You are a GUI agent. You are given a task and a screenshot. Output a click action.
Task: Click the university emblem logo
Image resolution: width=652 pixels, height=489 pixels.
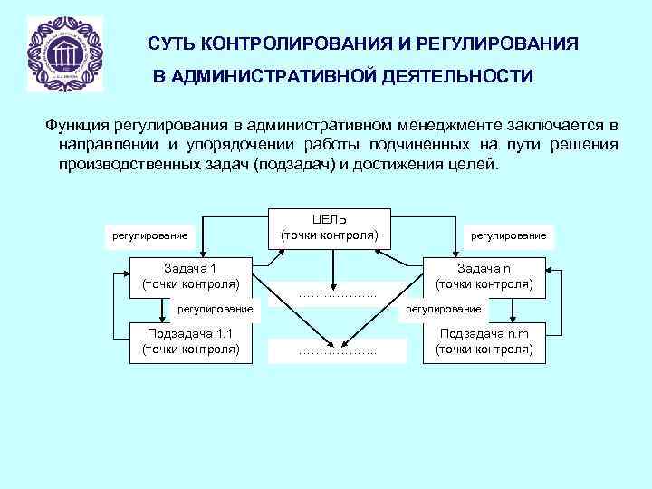pyautogui.click(x=65, y=54)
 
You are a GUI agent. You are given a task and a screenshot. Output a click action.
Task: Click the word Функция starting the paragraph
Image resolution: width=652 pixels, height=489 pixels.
pyautogui.click(x=78, y=124)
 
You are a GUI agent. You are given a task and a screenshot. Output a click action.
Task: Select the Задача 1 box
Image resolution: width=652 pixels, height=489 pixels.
pyautogui.click(x=190, y=276)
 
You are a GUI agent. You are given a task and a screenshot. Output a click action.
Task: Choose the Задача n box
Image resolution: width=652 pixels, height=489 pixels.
pyautogui.click(x=484, y=276)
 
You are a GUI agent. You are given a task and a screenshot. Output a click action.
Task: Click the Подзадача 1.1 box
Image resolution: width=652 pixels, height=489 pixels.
pyautogui.click(x=190, y=341)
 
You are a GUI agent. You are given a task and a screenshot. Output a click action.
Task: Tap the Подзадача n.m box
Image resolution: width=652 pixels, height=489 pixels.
pyautogui.click(x=484, y=341)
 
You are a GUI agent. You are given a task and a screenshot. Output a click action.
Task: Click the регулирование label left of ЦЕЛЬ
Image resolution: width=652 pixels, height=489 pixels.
pyautogui.click(x=149, y=235)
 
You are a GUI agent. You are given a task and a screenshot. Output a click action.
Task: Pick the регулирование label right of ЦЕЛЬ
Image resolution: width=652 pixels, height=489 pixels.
pyautogui.click(x=508, y=235)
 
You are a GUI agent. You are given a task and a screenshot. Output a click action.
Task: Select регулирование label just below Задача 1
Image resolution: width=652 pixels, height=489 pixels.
pyautogui.click(x=214, y=309)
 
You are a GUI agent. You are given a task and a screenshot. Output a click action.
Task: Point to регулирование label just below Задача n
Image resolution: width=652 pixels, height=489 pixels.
pyautogui.click(x=444, y=309)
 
